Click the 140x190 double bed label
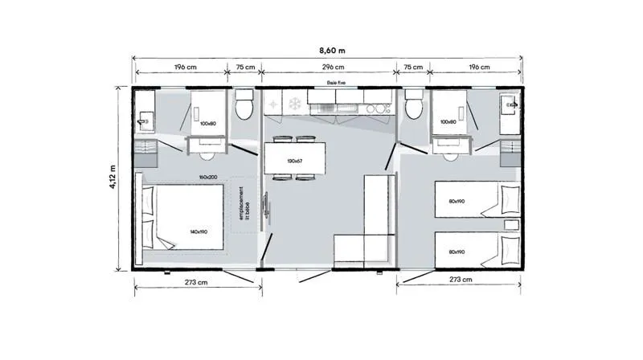tap(198, 231)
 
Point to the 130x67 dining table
tap(295, 161)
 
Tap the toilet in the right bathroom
tap(414, 106)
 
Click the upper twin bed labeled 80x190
tap(466, 200)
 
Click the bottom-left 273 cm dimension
tap(197, 282)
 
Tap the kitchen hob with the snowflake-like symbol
tap(294, 103)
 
